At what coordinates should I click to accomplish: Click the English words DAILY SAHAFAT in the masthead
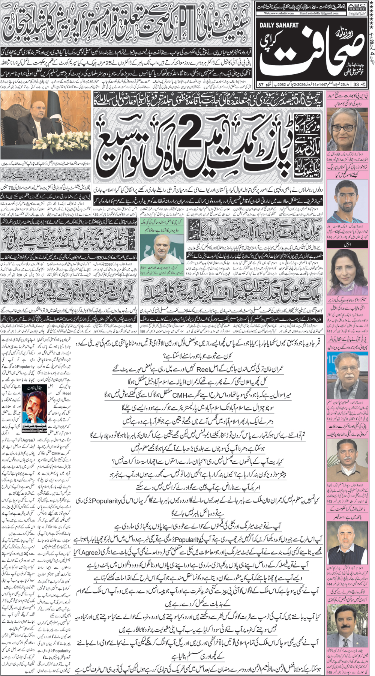tap(279, 25)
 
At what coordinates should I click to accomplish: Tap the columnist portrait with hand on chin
tap(34, 407)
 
